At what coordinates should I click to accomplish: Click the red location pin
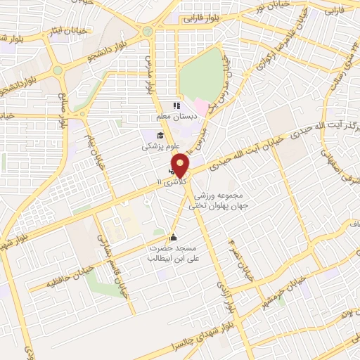[x=181, y=165]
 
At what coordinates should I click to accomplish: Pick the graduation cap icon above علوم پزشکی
[x=160, y=136]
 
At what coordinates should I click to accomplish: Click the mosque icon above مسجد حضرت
[x=174, y=237]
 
